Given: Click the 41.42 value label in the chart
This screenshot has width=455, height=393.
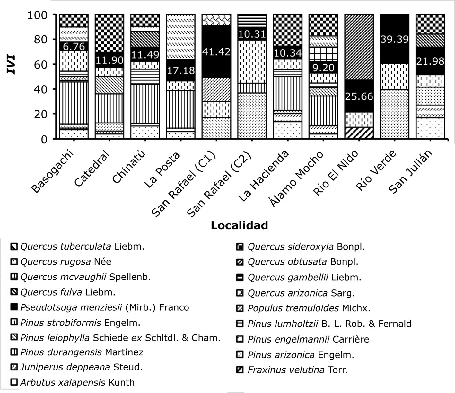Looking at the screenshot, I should click(x=216, y=51).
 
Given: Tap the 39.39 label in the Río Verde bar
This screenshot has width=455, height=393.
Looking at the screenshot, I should click(x=394, y=39).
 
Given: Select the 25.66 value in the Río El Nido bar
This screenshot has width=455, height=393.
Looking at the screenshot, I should click(x=359, y=96).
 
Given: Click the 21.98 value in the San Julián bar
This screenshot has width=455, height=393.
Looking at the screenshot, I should click(x=430, y=61).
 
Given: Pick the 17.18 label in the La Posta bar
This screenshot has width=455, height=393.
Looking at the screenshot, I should click(x=180, y=70).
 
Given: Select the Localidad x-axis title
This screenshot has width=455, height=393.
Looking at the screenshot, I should click(x=239, y=225).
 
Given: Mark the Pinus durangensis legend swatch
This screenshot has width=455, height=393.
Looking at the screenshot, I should click(x=14, y=352).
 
